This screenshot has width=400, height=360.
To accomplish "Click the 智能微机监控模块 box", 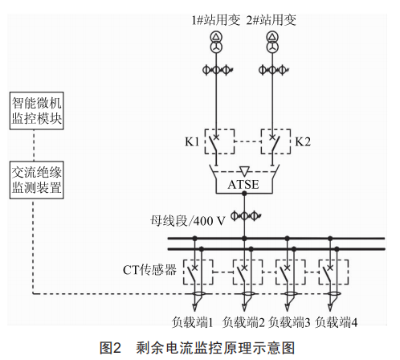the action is pyautogui.click(x=37, y=111).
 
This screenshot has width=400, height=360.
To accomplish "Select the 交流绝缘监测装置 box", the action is pyautogui.click(x=37, y=180).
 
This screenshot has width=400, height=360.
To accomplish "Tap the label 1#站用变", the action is pyautogui.click(x=216, y=20).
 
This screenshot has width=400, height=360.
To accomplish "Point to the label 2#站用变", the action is pyautogui.click(x=271, y=20).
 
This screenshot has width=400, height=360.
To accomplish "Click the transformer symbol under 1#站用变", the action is pyautogui.click(x=216, y=42).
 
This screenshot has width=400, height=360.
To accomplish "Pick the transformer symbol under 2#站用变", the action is pyautogui.click(x=272, y=42).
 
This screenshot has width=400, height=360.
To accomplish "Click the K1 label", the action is pyautogui.click(x=192, y=141).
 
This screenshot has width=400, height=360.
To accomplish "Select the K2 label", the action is pyautogui.click(x=303, y=141).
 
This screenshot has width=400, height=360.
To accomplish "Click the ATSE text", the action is pyautogui.click(x=243, y=185).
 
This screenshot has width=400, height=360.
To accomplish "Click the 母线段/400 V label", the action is pyautogui.click(x=187, y=221).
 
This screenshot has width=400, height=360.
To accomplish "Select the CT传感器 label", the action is pyautogui.click(x=149, y=270).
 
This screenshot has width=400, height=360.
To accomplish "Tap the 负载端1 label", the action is pyautogui.click(x=192, y=322).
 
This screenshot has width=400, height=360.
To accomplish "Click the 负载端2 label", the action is pyautogui.click(x=243, y=322).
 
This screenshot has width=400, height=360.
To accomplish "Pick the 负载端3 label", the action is pyautogui.click(x=289, y=322).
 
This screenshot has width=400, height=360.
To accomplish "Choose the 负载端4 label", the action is pyautogui.click(x=336, y=322).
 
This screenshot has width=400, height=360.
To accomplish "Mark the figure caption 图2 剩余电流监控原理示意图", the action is pyautogui.click(x=198, y=348).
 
